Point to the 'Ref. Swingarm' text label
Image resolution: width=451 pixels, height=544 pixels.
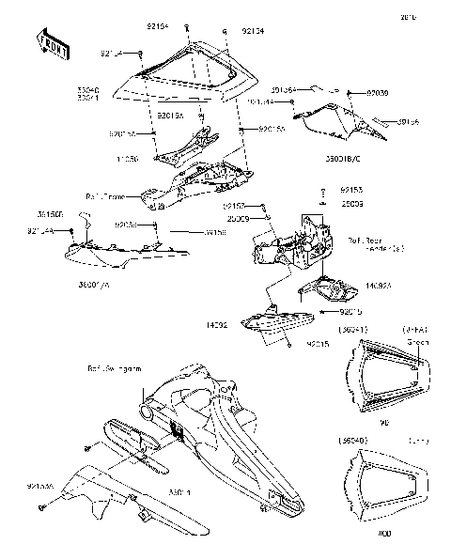(x=113, y=369)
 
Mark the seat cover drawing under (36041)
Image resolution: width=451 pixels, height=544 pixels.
(x=382, y=381)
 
